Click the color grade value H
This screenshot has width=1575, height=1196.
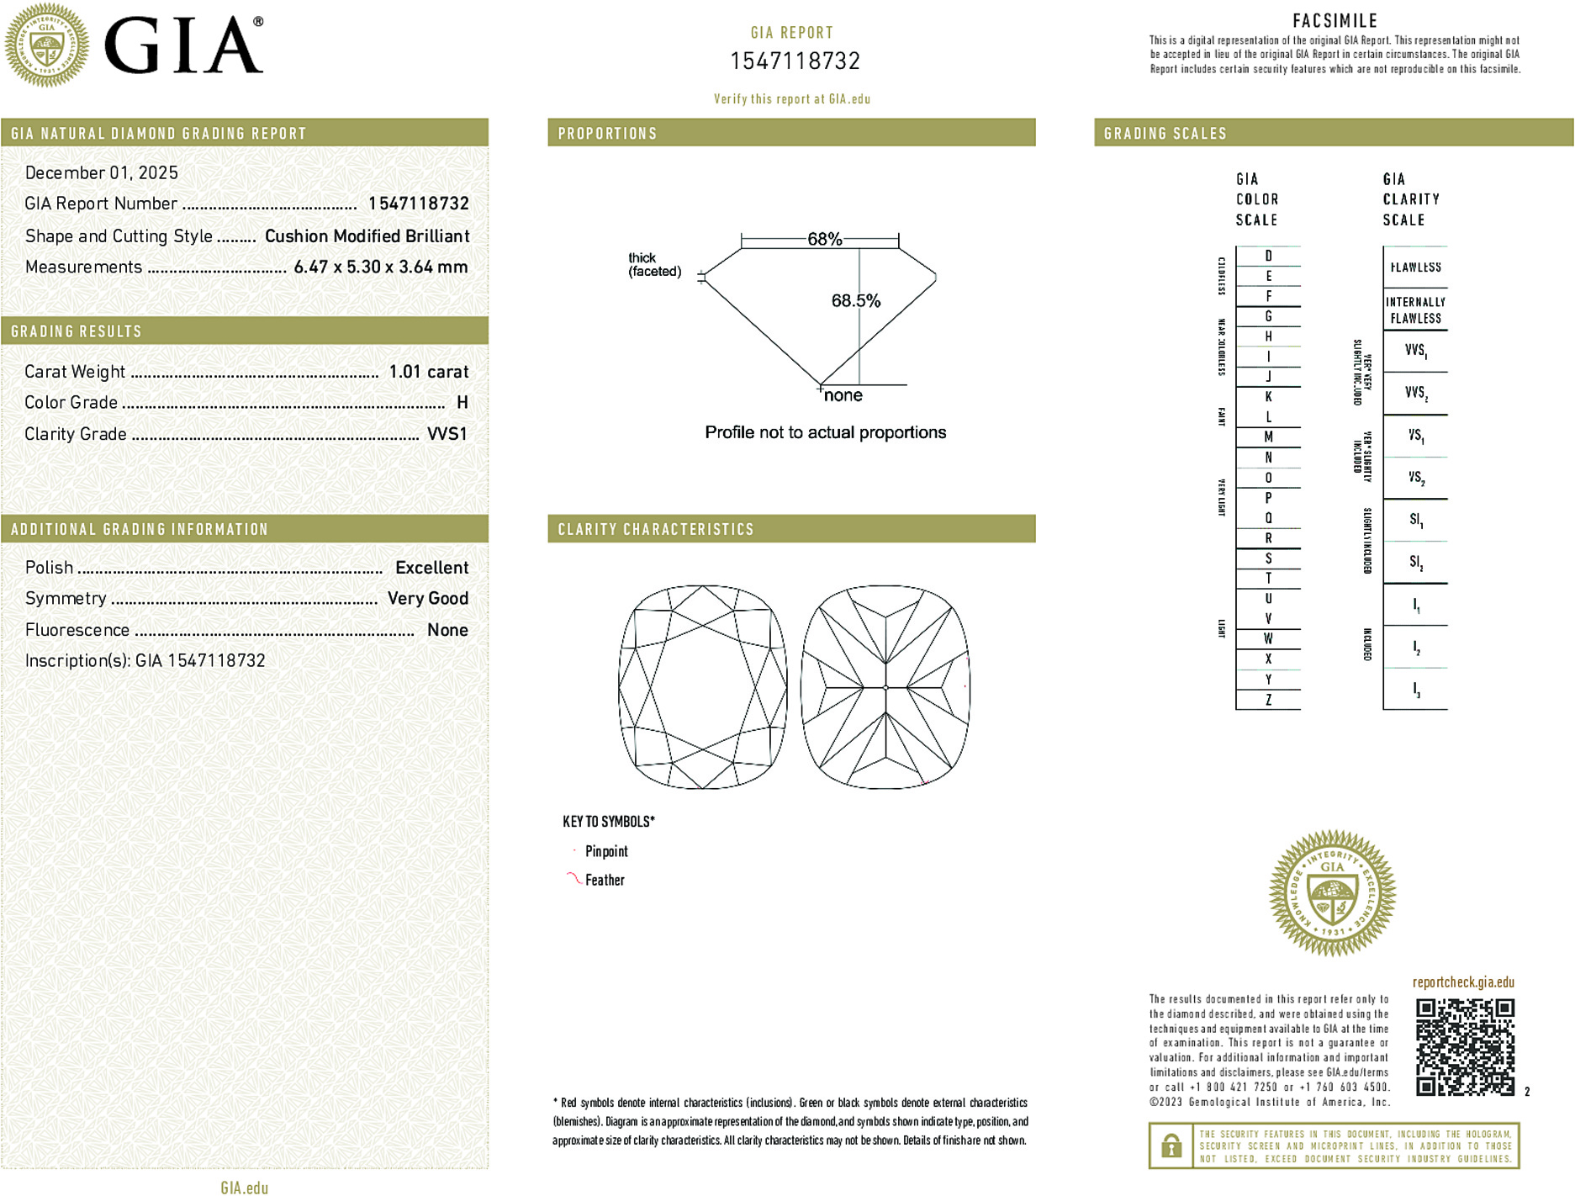pos(462,403)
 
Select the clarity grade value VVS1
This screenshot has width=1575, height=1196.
pos(447,434)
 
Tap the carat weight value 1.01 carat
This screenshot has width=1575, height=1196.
pos(428,372)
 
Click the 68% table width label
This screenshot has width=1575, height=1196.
pos(824,239)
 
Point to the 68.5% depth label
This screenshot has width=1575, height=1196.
pos(855,300)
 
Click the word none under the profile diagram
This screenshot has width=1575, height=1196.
pos(843,395)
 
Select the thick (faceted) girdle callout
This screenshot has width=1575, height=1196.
pos(653,264)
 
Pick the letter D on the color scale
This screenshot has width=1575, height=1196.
pos(1268,256)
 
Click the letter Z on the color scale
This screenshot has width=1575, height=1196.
pos(1268,700)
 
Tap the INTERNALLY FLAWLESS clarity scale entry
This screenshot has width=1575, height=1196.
pos(1415,310)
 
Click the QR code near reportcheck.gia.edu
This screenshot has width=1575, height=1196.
pos(1464,1047)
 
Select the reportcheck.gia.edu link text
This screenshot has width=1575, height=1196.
pos(1463,982)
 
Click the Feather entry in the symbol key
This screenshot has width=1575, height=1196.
pos(605,880)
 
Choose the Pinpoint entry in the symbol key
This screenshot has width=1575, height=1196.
pos(606,851)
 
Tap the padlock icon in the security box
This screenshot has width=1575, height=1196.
pos(1171,1146)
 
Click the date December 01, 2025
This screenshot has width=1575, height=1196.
pos(102,172)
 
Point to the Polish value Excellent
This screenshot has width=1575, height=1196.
pos(431,568)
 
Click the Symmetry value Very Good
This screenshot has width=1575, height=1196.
pos(427,598)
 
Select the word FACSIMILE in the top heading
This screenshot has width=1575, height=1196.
pos(1335,20)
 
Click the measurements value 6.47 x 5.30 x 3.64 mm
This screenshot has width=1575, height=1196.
pos(380,267)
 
